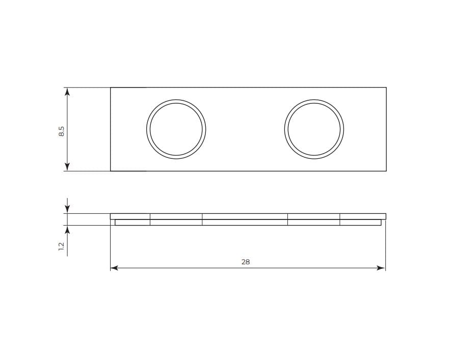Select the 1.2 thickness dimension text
click(x=61, y=246)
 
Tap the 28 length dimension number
click(x=246, y=262)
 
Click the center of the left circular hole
click(x=176, y=129)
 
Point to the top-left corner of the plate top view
click(x=111, y=88)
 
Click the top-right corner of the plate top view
click(x=386, y=88)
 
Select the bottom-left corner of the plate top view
click(x=111, y=171)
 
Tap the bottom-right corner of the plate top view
click(x=386, y=171)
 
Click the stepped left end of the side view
click(x=113, y=220)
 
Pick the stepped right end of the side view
click(x=383, y=220)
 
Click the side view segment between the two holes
click(x=245, y=219)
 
